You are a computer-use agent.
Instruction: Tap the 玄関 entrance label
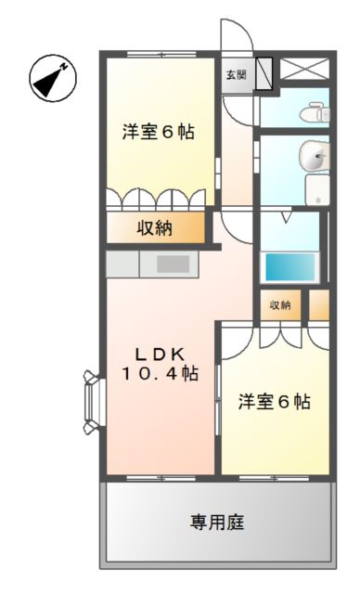pyautogui.click(x=235, y=74)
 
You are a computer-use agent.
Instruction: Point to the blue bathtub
pyautogui.click(x=290, y=267)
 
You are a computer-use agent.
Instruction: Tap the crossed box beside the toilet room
pyautogui.click(x=305, y=70)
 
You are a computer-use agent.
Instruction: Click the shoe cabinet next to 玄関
pyautogui.click(x=264, y=72)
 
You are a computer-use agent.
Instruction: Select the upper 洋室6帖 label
pyautogui.click(x=158, y=133)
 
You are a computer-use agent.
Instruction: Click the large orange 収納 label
pyautogui.click(x=155, y=228)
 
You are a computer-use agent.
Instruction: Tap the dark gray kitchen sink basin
pyautogui.click(x=173, y=265)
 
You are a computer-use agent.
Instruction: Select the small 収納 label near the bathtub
pyautogui.click(x=280, y=305)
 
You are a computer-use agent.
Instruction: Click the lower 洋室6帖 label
pyautogui.click(x=274, y=402)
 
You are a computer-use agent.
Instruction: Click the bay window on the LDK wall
pyautogui.click(x=93, y=402)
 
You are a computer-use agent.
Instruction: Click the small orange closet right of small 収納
pyautogui.click(x=318, y=305)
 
